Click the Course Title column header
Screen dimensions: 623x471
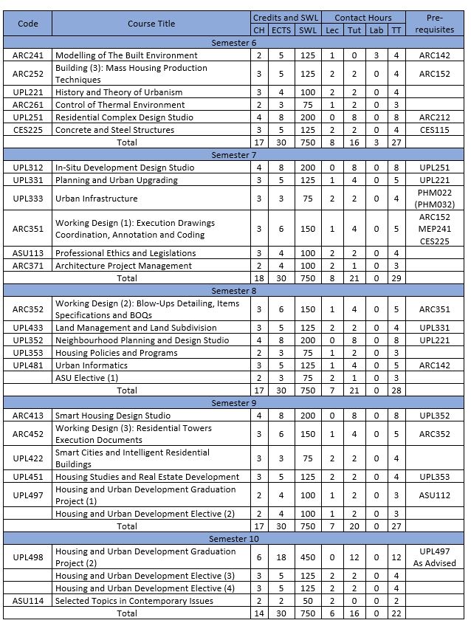point(151,24)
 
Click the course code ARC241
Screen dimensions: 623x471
point(27,55)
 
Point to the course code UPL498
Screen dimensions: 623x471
point(27,557)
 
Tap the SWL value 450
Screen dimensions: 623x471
point(307,557)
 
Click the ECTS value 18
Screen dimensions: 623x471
point(281,557)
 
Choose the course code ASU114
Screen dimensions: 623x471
point(27,601)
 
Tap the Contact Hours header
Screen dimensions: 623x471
point(362,17)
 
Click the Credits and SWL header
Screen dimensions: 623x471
point(285,17)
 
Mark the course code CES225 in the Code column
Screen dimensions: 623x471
point(27,130)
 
